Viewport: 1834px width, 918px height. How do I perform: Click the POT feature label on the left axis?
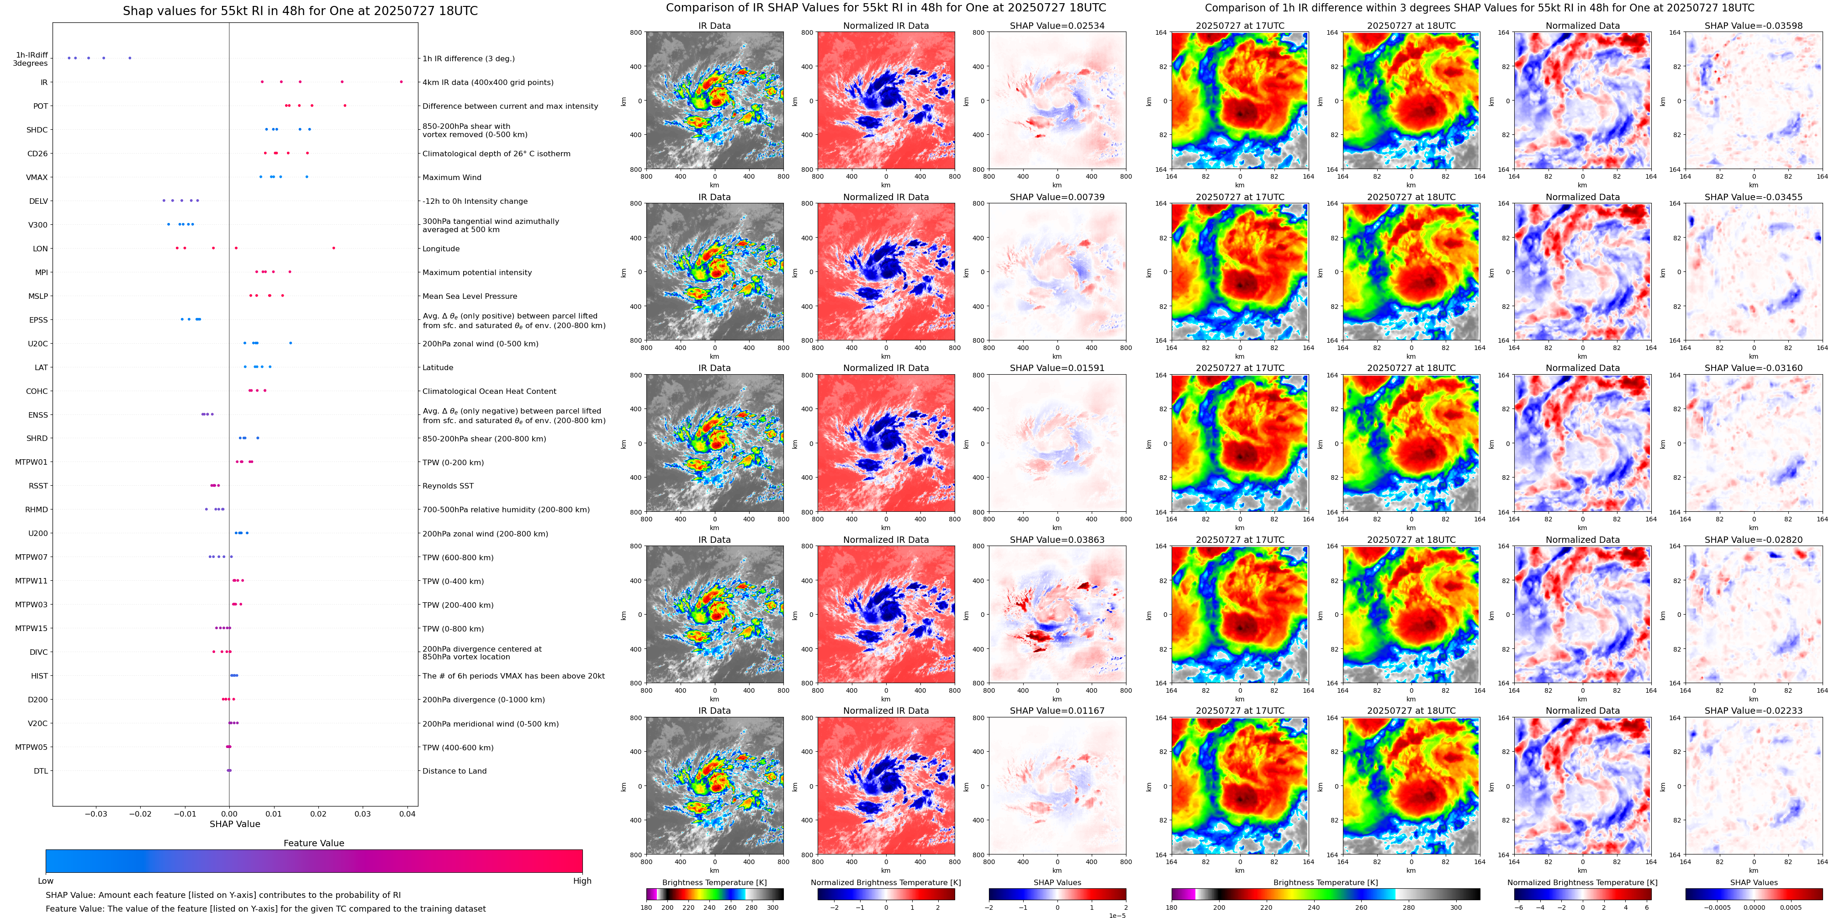click(x=41, y=106)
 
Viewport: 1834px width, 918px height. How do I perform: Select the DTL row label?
click(x=41, y=770)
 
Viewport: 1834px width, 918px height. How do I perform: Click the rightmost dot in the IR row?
click(x=401, y=82)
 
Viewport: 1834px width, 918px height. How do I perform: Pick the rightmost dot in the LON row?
click(x=333, y=248)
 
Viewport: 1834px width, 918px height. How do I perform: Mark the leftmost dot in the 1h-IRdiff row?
click(x=69, y=58)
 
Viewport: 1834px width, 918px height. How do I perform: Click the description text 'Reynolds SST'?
click(x=448, y=486)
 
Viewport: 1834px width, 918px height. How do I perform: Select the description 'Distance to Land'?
click(x=454, y=770)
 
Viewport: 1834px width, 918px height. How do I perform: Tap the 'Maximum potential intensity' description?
click(x=477, y=272)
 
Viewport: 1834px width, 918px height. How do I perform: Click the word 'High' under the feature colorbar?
click(x=581, y=881)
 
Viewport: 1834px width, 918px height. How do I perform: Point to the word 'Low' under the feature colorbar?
click(x=46, y=881)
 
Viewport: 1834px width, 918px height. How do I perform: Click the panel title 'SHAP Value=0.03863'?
click(x=1057, y=540)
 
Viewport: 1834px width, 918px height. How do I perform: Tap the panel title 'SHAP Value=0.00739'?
click(x=1057, y=197)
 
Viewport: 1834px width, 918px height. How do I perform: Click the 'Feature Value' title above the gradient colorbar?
click(x=313, y=843)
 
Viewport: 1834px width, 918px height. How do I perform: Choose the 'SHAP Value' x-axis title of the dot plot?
click(x=234, y=824)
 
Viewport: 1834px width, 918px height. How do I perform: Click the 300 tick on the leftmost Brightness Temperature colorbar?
click(x=772, y=907)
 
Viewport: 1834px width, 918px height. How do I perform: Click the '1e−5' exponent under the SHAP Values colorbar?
click(x=1116, y=915)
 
